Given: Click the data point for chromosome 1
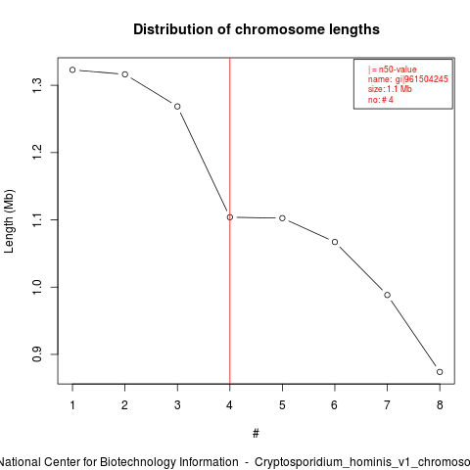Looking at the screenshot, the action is [x=72, y=70].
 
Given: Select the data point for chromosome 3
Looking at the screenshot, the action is [x=177, y=107].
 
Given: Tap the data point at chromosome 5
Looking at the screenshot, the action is [x=282, y=218].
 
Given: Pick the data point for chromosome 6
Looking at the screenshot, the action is [x=335, y=242].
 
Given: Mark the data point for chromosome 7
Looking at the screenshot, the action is [x=388, y=295].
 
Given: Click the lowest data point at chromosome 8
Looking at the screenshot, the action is [x=440, y=372].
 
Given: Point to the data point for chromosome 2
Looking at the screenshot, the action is [x=125, y=74].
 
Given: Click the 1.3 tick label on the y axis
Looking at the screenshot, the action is [x=37, y=85].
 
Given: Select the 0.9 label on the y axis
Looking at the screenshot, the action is [x=37, y=354].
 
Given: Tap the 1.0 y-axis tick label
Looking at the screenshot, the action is [x=37, y=287].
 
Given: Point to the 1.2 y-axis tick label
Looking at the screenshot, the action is [x=37, y=153].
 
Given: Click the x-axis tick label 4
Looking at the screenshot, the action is [x=230, y=405].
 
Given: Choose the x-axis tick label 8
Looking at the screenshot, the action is [x=440, y=405].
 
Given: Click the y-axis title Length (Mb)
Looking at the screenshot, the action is [x=9, y=221].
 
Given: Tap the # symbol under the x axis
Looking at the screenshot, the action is [x=256, y=434].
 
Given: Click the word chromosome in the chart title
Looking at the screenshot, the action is [x=280, y=29].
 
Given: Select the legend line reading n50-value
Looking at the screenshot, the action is [x=393, y=70].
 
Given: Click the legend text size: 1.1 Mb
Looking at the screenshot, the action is [x=390, y=89].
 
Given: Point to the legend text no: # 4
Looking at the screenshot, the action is [x=381, y=100].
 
